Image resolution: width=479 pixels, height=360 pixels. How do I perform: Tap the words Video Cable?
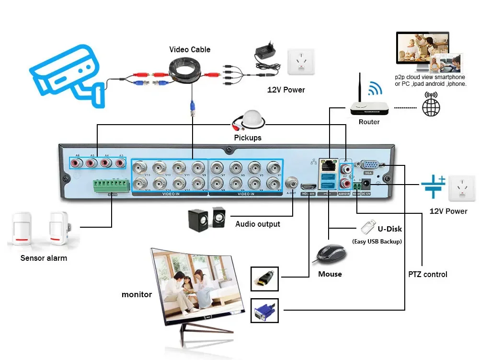190,49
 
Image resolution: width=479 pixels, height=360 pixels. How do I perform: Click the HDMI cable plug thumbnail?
264,278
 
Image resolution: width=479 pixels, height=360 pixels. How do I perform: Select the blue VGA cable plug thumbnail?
264,310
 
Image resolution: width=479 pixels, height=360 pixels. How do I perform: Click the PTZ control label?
428,275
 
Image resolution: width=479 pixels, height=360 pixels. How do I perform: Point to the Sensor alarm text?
44,258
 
